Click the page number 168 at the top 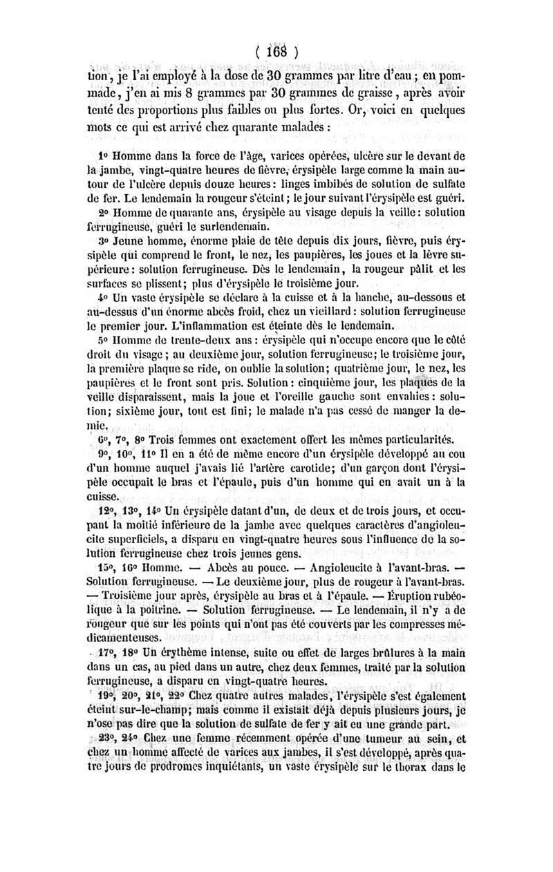coord(276,53)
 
